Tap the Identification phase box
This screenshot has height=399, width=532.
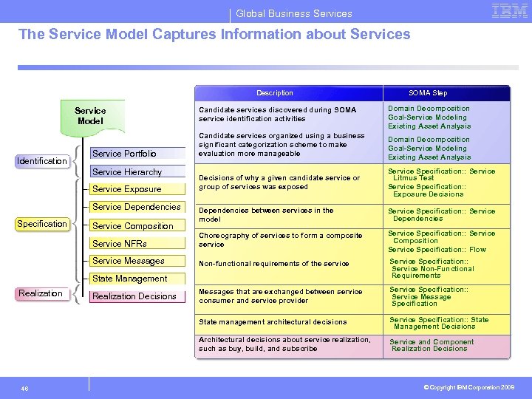coord(42,161)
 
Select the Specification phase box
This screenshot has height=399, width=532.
coord(42,224)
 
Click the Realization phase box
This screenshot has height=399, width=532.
coord(41,293)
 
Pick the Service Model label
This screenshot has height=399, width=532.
coord(90,116)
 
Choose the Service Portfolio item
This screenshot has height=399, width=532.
coord(125,154)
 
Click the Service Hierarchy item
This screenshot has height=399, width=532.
coord(127,172)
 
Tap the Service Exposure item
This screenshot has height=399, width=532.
coord(127,189)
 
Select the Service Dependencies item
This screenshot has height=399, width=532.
coord(137,207)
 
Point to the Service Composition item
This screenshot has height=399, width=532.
coord(133,226)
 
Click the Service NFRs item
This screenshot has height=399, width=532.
coord(120,243)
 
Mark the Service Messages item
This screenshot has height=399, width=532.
coord(129,261)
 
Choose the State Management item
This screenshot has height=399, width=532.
coord(130,279)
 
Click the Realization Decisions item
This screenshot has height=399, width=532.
coord(134,296)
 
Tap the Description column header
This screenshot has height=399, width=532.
coord(275,93)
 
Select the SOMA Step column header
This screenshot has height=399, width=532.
coord(429,93)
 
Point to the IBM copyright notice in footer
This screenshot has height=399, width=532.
coord(468,386)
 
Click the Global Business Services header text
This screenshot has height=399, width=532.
coord(294,13)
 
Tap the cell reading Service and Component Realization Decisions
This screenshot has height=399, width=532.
coord(432,346)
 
